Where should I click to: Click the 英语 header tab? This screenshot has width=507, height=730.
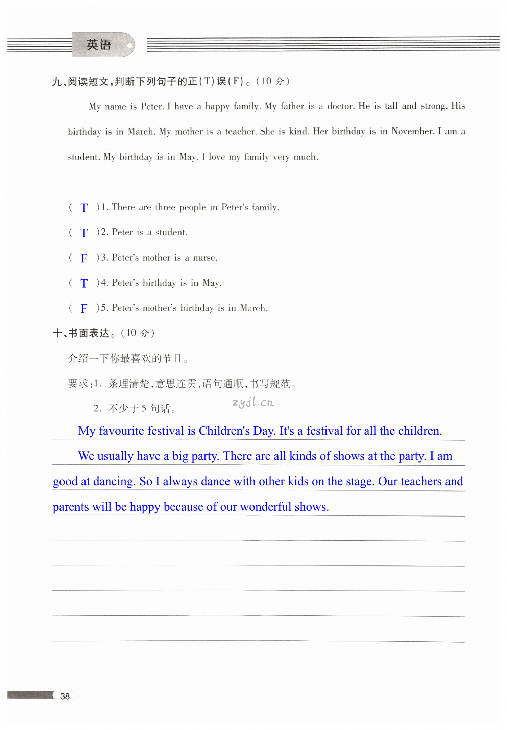point(99,45)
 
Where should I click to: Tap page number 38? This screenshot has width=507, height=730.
point(65,696)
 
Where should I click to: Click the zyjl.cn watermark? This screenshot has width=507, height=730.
point(253,402)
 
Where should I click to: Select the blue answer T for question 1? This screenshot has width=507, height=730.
point(84,208)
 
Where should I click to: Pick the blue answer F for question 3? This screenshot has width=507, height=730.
point(84,258)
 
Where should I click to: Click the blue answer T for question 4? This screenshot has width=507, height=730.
point(84,283)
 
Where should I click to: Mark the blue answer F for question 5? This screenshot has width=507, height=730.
point(84,308)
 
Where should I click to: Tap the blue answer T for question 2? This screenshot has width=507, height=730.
point(84,233)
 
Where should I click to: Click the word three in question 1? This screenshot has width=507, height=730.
point(165,207)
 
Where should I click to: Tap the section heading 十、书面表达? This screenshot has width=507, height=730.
point(81,333)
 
